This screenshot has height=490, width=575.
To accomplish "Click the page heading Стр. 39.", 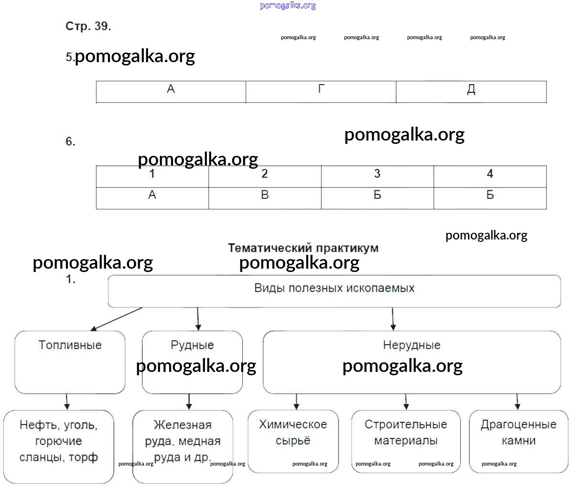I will (88, 27).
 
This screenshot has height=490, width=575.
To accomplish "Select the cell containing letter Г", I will (321, 91).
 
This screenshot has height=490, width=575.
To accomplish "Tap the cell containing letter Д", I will (471, 91).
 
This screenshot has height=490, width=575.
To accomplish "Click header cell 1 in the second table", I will (152, 175).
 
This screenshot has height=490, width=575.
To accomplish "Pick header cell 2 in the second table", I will (265, 175).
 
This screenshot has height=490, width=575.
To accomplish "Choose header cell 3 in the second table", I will (377, 175).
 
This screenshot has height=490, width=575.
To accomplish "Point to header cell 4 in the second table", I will (490, 175).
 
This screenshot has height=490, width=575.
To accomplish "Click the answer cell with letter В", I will (265, 197).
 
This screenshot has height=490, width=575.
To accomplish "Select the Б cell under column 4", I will (490, 197).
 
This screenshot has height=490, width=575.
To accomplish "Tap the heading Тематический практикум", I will (303, 248).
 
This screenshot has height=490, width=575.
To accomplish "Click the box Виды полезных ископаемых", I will (334, 290).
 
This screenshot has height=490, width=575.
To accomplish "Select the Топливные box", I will (70, 361).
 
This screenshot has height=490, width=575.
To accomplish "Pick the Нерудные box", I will (412, 361).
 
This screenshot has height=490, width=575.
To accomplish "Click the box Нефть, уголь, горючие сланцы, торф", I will (58, 446).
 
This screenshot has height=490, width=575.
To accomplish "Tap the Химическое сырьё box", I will (293, 440).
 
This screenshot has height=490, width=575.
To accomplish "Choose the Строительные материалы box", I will (406, 440).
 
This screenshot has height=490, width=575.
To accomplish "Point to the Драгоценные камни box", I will (519, 440).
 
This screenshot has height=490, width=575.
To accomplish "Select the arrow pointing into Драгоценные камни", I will (517, 402).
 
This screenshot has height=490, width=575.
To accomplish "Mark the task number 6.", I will (70, 142).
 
